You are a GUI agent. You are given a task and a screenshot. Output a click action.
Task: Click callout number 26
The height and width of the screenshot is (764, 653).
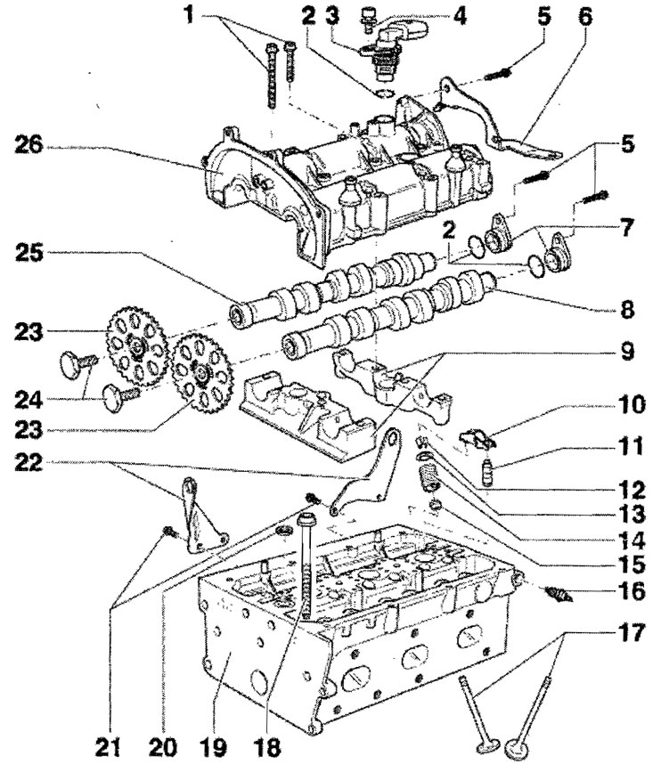29,145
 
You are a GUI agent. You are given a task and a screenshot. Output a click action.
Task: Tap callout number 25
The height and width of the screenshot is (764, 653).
29,253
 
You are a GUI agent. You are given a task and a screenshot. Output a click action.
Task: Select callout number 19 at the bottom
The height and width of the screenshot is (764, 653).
214,746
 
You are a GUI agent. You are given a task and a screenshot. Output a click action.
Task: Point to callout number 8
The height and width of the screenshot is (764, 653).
626,309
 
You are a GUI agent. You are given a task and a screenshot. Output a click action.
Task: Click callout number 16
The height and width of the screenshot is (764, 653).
631,591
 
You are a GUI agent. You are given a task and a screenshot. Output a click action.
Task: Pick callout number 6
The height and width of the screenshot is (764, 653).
584,17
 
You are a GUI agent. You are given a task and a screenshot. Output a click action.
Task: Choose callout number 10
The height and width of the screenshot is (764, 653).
631,404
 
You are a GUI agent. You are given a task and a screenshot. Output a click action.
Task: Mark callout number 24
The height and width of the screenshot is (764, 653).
29,401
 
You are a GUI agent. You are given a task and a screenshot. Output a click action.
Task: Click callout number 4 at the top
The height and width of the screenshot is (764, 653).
459,17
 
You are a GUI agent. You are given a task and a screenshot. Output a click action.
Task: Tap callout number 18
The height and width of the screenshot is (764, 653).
267,746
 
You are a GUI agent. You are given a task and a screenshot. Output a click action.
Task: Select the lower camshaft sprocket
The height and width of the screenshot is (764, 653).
200,373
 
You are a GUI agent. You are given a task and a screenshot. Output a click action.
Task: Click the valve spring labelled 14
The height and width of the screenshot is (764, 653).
429,475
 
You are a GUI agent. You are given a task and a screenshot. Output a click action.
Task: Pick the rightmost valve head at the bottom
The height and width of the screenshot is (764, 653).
518,745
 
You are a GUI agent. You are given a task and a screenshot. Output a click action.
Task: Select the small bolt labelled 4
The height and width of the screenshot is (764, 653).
365,20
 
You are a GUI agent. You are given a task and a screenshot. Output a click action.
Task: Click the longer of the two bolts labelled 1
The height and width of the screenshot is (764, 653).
271,76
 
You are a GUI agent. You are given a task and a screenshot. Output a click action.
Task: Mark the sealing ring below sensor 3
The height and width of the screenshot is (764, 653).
385,93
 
